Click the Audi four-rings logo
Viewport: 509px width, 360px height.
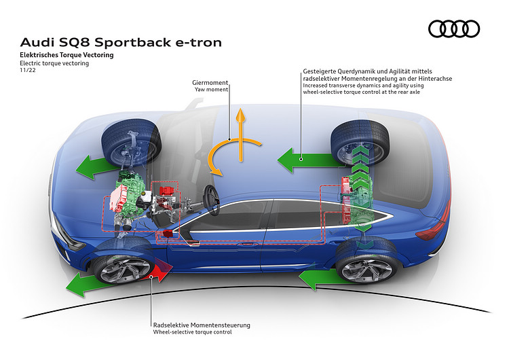pyautogui.click(x=454, y=29)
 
